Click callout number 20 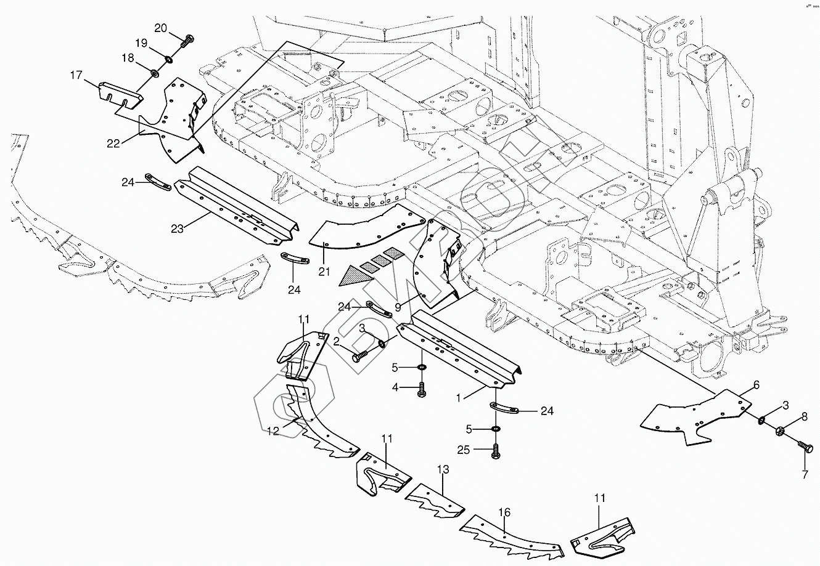click(x=160, y=28)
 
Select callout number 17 click(x=76, y=75)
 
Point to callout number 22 click(x=113, y=143)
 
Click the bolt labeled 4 click(x=422, y=389)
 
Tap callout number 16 click(x=504, y=512)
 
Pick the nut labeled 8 click(x=781, y=431)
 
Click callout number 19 click(x=141, y=43)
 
